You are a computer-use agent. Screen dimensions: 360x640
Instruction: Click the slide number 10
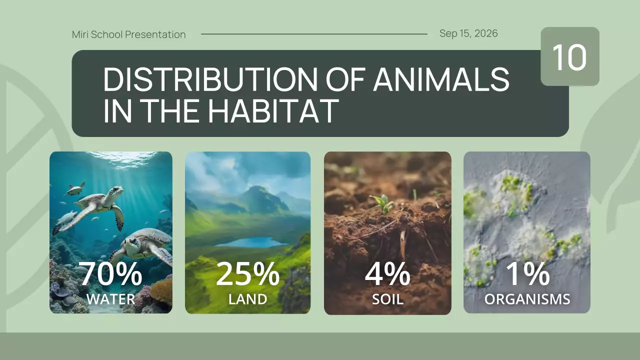[x=569, y=57]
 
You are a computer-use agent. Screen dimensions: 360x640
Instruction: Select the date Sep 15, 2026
[x=468, y=33]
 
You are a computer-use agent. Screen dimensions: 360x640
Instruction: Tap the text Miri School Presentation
[x=128, y=34]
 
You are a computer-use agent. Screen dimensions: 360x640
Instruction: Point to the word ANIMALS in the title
[x=441, y=79]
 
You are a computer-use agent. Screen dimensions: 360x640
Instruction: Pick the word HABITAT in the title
[x=272, y=111]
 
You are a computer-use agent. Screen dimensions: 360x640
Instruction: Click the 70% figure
[x=111, y=274]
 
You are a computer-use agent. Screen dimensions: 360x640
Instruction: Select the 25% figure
[x=247, y=274]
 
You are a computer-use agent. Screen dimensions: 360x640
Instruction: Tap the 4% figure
[x=387, y=274]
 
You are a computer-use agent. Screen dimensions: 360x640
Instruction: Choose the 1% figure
[x=527, y=274]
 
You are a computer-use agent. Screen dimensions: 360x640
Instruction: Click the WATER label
[x=110, y=299]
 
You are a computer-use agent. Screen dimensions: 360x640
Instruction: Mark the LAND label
[x=247, y=299]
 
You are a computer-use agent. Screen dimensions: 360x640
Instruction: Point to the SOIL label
[x=387, y=299]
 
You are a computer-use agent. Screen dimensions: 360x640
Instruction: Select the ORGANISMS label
[x=527, y=299]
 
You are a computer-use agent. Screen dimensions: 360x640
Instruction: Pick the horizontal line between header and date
[x=314, y=34]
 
